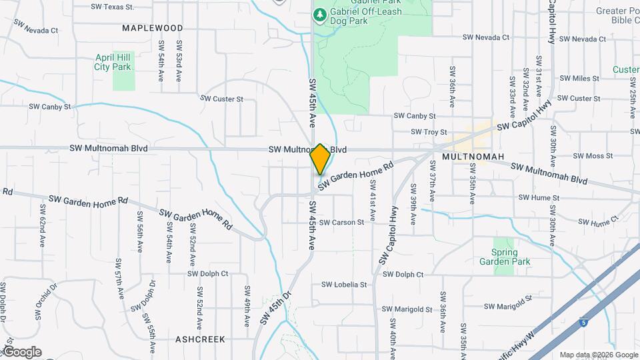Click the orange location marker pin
click(320, 159)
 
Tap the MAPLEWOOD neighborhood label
click(153, 28)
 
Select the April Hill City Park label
click(113, 63)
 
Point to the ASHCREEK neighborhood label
click(200, 339)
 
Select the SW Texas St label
click(112, 7)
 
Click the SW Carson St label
click(341, 222)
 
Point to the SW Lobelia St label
click(344, 285)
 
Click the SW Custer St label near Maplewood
click(221, 99)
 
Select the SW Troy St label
click(428, 133)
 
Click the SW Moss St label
click(593, 156)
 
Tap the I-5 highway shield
click(583, 321)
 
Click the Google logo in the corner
click(21, 352)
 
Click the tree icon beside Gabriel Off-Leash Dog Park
click(320, 14)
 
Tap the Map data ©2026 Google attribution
click(598, 355)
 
